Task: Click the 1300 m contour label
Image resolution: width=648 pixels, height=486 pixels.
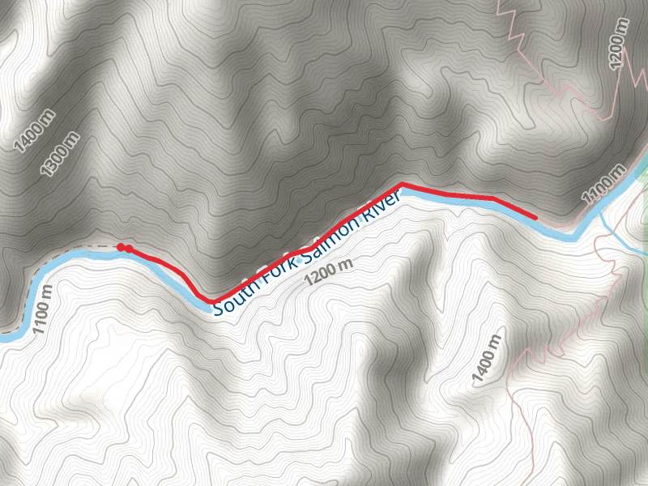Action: click(61, 154)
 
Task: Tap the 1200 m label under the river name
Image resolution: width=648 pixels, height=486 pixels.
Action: click(329, 273)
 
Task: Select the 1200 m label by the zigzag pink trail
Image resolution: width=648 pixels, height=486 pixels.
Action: click(618, 42)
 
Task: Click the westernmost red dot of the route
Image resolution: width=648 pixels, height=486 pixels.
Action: click(121, 247)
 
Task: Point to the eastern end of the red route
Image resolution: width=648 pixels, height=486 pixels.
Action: click(535, 217)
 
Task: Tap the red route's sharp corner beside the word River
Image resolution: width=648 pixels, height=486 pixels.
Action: click(403, 185)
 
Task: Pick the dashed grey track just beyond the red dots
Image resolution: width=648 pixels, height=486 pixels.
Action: click(101, 245)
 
